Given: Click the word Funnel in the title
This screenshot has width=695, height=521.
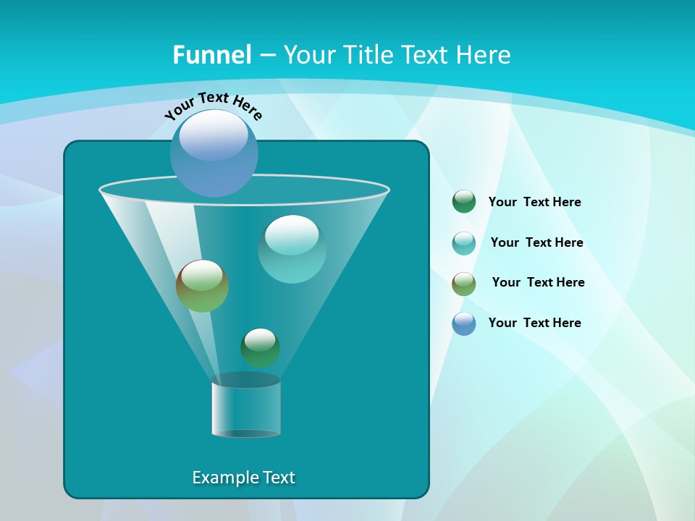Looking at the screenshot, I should pyautogui.click(x=211, y=55).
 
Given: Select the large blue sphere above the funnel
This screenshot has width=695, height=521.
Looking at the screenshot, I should pyautogui.click(x=214, y=154).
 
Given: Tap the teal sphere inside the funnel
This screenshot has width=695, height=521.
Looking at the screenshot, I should pyautogui.click(x=292, y=249).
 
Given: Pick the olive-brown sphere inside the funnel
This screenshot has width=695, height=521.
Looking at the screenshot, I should pyautogui.click(x=202, y=286).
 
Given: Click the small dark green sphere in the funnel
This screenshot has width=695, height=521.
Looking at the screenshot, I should pyautogui.click(x=260, y=347).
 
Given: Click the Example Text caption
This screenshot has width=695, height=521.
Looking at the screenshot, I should pyautogui.click(x=243, y=478).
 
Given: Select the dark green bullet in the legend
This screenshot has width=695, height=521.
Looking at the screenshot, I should pyautogui.click(x=463, y=202).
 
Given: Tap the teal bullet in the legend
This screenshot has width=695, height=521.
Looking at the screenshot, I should pyautogui.click(x=463, y=242).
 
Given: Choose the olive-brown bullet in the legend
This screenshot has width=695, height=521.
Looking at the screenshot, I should pyautogui.click(x=463, y=283).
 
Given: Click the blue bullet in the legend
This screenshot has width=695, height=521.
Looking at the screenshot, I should pyautogui.click(x=463, y=323).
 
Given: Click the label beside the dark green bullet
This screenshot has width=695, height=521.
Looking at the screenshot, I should pyautogui.click(x=534, y=203).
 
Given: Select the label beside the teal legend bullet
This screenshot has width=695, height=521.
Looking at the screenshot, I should pyautogui.click(x=536, y=243).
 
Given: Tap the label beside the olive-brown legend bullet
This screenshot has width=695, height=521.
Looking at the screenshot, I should pyautogui.click(x=538, y=283).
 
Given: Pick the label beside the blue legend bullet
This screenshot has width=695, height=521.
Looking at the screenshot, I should pyautogui.click(x=534, y=323).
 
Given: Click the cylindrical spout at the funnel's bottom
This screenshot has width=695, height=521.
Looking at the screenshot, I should pyautogui.click(x=245, y=407).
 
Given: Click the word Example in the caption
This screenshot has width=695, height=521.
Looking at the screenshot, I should pyautogui.click(x=222, y=478).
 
